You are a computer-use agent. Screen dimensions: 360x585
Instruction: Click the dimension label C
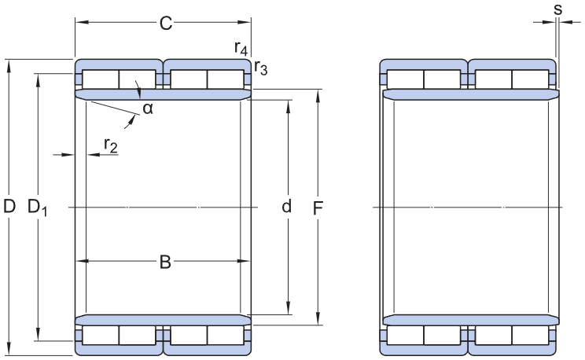[165, 24]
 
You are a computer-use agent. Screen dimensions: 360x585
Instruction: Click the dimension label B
[165, 262]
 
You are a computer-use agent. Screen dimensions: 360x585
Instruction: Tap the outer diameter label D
[9, 207]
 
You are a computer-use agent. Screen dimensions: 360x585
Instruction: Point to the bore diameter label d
[286, 207]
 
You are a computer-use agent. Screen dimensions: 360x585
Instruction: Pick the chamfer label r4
[241, 48]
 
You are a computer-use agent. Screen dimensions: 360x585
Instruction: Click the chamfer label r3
[260, 69]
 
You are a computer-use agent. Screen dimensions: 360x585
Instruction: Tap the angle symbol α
[147, 108]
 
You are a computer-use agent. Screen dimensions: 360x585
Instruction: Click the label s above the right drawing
[557, 9]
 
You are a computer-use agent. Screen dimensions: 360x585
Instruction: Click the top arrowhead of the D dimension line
[9, 64]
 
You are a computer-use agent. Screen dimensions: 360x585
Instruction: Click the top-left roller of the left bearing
[101, 79]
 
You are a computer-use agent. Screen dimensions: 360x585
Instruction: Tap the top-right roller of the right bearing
[531, 79]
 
